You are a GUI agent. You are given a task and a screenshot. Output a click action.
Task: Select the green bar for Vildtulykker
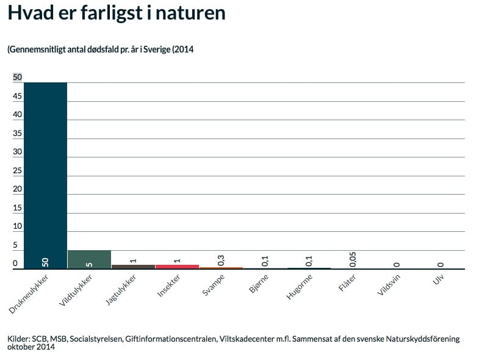89,259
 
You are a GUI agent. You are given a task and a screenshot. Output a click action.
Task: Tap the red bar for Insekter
177,266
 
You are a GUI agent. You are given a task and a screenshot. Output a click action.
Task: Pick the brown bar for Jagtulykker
133,266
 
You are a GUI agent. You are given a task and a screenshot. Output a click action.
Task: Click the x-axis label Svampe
213,285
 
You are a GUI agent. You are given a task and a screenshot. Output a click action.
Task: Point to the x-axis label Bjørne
258,284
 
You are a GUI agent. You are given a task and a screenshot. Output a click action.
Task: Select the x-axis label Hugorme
300,287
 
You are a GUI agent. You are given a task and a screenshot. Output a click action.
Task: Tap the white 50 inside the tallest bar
45,262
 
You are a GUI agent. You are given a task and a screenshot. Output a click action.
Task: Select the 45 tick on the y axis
18,96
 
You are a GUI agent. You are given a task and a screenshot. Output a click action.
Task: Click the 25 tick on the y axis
18,170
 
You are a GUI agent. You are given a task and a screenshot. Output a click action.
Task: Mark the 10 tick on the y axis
18,226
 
